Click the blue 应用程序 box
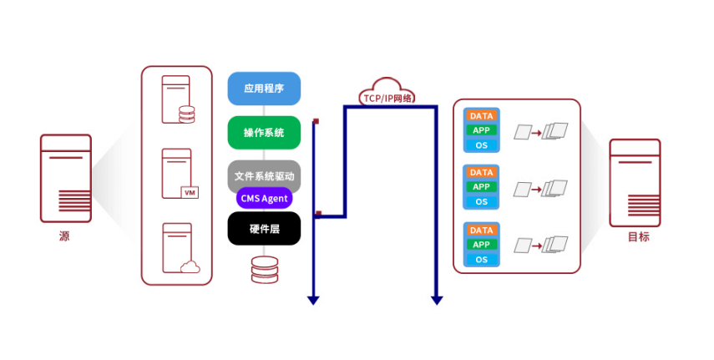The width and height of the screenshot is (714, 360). pos(264,89)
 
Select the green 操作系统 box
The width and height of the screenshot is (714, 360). pos(264,133)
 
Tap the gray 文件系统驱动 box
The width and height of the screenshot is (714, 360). pos(264,176)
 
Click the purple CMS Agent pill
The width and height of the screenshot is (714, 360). pos(264,198)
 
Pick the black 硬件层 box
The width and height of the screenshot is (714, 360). pos(264,228)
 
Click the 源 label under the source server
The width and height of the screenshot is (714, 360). pos(64,236)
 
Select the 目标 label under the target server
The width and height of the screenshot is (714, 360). pos(639,236)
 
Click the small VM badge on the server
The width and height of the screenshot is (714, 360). pos(190,193)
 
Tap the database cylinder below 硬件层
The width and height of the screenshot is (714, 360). pos(264,270)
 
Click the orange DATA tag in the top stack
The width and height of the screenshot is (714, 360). pos(482,116)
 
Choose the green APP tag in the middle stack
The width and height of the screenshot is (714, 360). pos(482,187)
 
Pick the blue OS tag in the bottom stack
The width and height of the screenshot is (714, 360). pos(482,260)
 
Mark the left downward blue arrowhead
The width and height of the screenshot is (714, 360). pos(313,299)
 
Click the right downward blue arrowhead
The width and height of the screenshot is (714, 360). pos(436,299)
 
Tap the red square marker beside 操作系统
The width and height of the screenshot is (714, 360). pos(316,122)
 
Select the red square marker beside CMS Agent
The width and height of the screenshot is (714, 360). pos(318,214)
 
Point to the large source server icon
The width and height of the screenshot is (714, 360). pos(66,179)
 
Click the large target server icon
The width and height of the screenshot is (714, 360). pos(636,182)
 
